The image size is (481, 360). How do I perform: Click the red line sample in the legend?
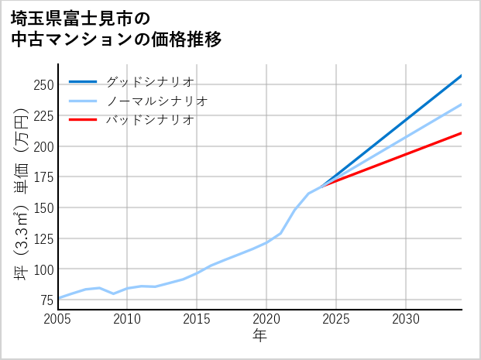83,120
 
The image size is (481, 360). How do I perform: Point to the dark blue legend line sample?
83,81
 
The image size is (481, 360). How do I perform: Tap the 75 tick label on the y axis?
46,300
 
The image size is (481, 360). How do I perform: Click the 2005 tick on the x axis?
58,319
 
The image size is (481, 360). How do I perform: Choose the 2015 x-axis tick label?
197,319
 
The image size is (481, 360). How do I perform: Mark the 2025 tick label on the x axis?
336,319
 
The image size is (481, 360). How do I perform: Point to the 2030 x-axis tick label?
406,319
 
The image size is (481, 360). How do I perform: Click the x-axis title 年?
260,336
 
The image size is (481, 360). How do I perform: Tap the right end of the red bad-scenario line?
462,133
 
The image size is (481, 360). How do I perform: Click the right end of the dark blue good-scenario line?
462,75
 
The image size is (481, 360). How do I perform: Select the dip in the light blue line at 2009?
114,293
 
